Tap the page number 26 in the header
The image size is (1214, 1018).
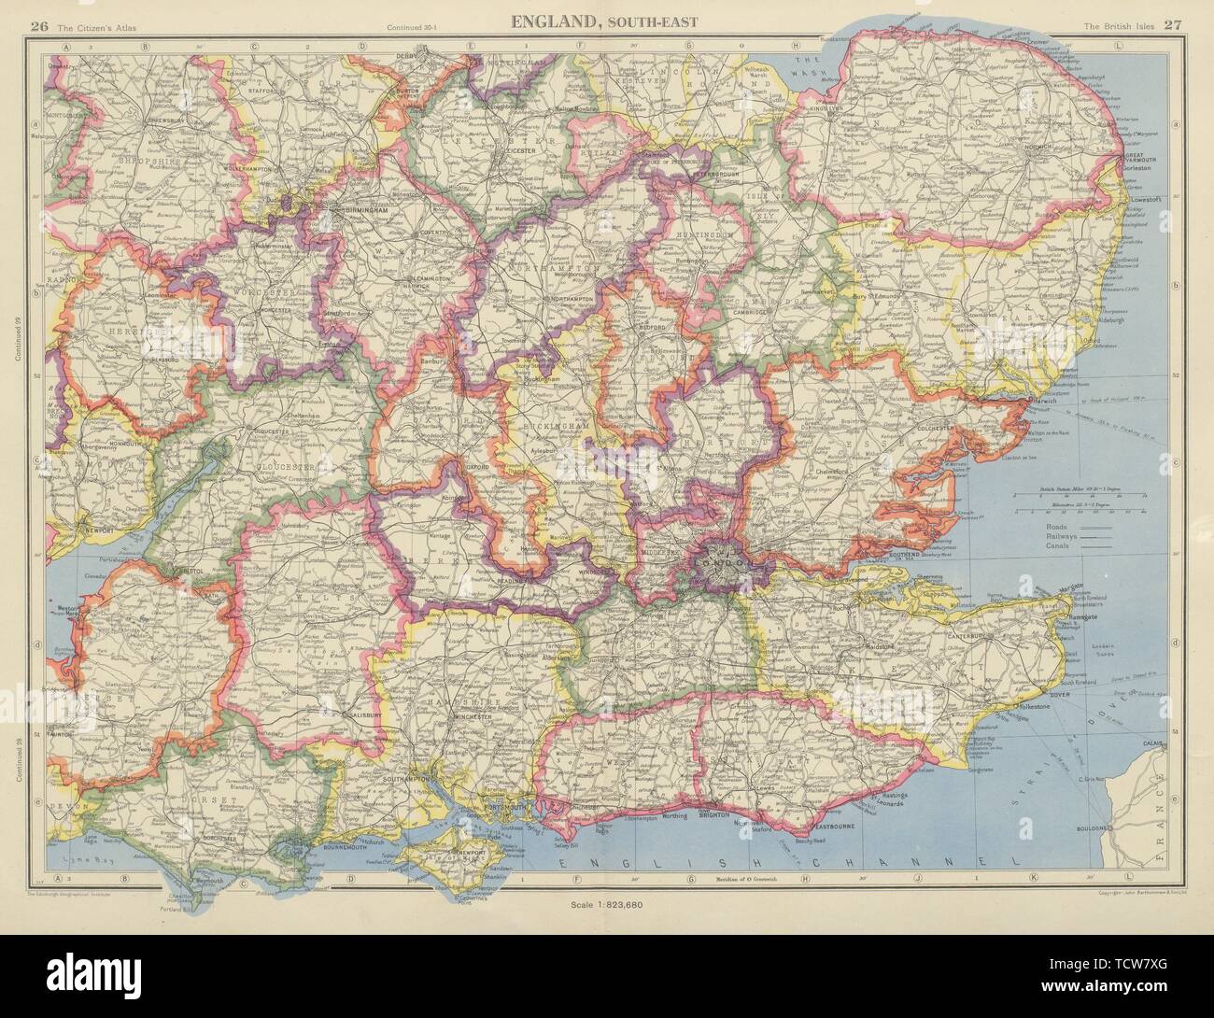coord(38,26)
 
